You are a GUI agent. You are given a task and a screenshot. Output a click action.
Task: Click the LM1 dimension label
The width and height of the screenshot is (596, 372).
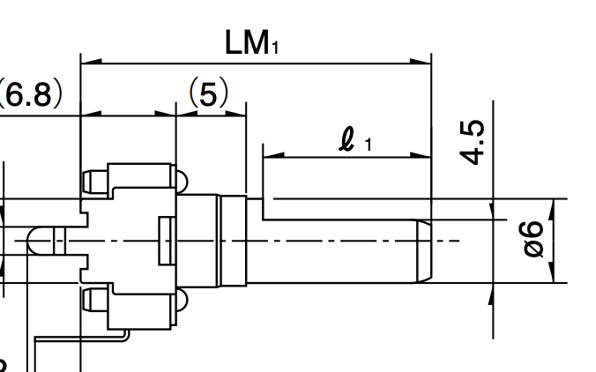tap(251, 42)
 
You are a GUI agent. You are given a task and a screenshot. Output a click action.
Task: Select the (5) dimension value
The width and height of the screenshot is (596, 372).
tap(209, 93)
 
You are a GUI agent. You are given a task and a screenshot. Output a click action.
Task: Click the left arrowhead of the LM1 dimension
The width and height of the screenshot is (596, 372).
tap(87, 62)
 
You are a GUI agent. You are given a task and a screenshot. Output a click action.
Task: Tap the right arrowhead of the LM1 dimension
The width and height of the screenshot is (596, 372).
tap(424, 62)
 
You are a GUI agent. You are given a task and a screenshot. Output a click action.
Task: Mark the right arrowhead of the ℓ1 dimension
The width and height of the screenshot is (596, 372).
tap(424, 157)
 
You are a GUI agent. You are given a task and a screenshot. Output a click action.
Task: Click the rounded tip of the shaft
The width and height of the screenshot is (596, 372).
tap(424, 251)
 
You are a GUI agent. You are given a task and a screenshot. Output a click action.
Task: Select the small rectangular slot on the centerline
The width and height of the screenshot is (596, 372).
tap(164, 240)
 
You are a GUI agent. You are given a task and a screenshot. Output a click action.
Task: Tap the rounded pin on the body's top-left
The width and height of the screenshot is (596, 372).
tap(92, 181)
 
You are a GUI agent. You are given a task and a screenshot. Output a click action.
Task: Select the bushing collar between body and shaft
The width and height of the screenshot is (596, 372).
tap(231, 240)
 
